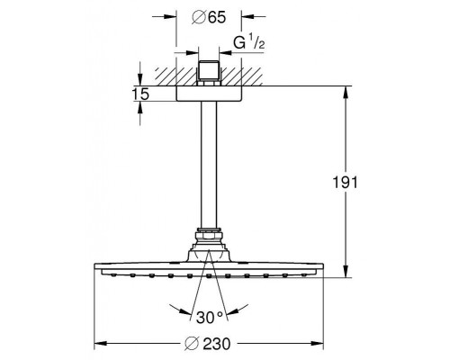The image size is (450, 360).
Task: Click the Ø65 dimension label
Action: pyautogui.click(x=209, y=17)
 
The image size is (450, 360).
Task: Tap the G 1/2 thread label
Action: pyautogui.click(x=249, y=43)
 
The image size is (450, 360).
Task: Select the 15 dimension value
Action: pyautogui.click(x=140, y=94)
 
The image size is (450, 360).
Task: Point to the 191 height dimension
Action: pyautogui.click(x=346, y=182)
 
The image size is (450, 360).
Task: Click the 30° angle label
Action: pyautogui.click(x=210, y=318)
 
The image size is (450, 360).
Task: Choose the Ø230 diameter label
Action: pyautogui.click(x=208, y=344)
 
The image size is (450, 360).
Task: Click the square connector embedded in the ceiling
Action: pyautogui.click(x=209, y=74)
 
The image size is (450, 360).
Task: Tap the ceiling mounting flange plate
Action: pyautogui.click(x=209, y=94)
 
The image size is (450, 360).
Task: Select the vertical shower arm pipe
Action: pyautogui.click(x=209, y=165)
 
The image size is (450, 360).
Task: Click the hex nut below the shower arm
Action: pyautogui.click(x=209, y=234)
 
